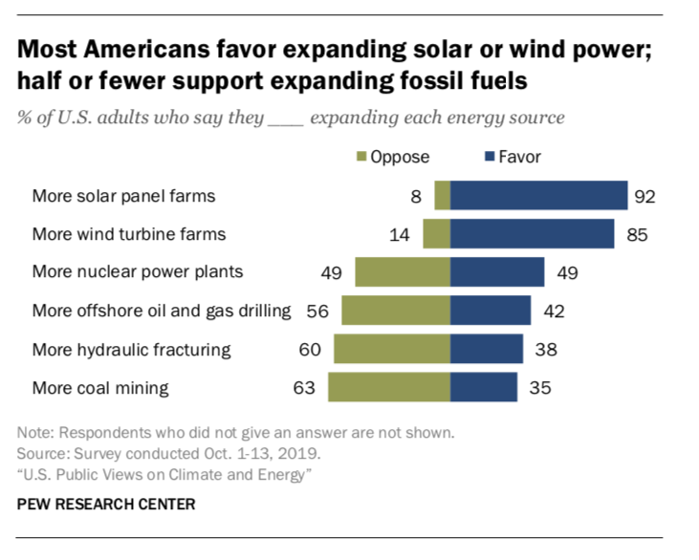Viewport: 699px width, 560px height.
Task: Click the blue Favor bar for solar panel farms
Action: (538, 195)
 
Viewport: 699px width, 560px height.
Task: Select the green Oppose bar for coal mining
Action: (388, 387)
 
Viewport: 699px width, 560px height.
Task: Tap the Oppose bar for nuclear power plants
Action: (402, 272)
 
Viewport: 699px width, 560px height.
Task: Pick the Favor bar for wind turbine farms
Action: (532, 233)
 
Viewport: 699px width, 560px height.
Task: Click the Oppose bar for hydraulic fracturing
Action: (391, 349)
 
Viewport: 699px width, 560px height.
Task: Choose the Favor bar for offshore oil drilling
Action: (490, 311)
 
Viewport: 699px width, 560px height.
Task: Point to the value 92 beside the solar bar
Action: (644, 196)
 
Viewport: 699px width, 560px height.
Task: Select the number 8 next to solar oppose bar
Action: (417, 196)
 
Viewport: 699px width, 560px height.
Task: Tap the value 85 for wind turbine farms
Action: (637, 234)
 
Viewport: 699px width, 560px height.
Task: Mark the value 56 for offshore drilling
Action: (317, 312)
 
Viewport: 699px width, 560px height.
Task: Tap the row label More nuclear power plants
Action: (138, 272)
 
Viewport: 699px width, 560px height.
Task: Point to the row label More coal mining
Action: (100, 388)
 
